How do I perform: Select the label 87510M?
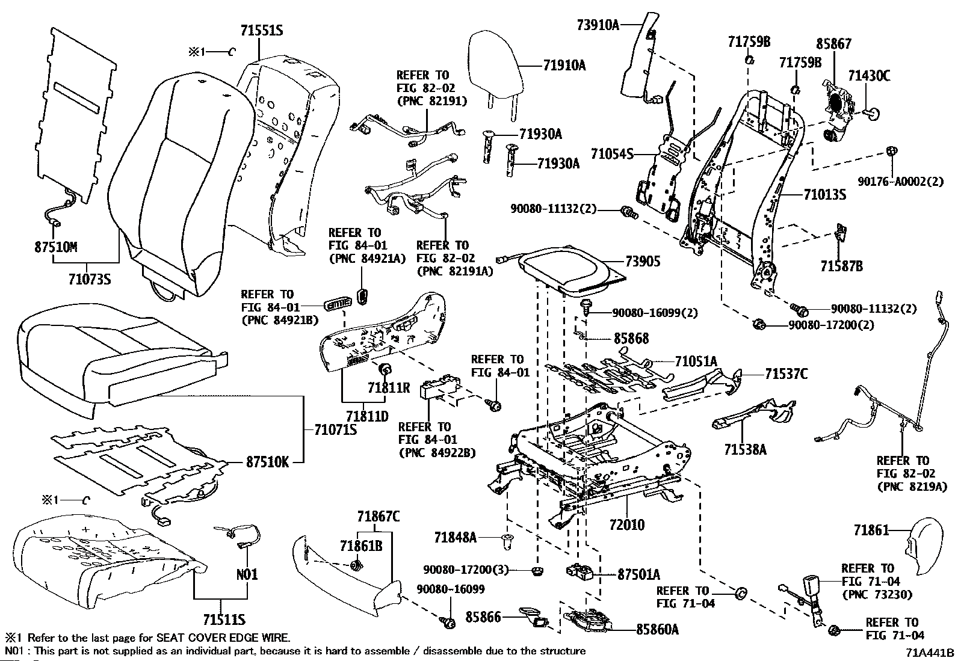tap(56, 247)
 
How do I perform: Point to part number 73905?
tap(643, 261)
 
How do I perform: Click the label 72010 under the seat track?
tap(626, 524)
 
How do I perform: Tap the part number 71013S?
tap(825, 194)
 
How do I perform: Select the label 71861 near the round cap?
tap(871, 530)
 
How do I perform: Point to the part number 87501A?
tap(638, 574)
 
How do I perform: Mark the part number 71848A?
tap(455, 536)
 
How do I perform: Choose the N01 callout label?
tap(247, 574)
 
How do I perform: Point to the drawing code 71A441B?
tap(930, 653)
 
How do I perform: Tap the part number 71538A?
tap(745, 449)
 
